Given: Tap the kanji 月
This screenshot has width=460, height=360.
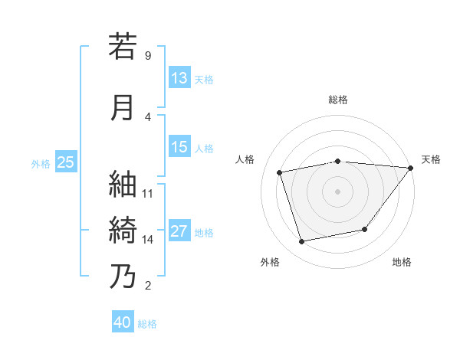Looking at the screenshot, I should coord(123,107).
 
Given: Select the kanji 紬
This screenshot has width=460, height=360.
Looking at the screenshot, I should coord(123,184).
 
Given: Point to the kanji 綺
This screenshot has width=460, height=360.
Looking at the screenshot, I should coord(123,230).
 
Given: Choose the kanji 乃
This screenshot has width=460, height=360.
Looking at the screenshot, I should coord(123,276).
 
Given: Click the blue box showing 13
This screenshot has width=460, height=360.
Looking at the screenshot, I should coord(179,78).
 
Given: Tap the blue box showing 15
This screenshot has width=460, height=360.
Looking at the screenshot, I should coord(179,148).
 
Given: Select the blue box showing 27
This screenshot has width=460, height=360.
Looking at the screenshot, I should coord(179,232).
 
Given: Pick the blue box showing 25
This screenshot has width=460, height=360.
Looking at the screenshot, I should coord(65,162).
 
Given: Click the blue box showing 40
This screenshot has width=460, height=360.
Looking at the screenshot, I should coord(123,322).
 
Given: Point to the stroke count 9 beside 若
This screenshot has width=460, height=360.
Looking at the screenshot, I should coord(147,56).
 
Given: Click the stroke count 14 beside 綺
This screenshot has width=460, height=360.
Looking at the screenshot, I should coord(148,240).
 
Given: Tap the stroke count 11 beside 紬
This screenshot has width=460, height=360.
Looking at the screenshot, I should coord(148,194).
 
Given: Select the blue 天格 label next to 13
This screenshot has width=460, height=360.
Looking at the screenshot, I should coord(204,79).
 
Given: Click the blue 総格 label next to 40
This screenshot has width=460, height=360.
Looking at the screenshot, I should coord(148,323).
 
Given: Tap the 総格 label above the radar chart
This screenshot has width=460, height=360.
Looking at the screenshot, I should coord(337,100).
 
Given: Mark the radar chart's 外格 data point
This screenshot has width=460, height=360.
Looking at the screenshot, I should coord(302,242).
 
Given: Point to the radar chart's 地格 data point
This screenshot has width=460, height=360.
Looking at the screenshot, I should coord(365,230).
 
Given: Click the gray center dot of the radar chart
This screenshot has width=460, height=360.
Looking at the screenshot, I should coord(337,191).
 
